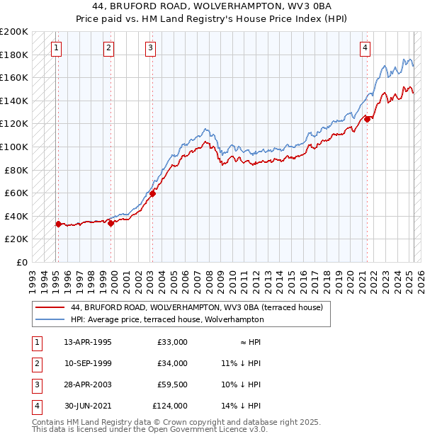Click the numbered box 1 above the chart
[56, 48]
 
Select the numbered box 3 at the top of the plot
[151, 48]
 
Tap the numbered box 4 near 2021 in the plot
[365, 48]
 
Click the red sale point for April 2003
[152, 193]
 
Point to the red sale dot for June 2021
[367, 119]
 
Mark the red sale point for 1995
[58, 224]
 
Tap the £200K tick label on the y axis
[14, 32]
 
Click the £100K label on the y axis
[14, 147]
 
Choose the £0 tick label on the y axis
[21, 262]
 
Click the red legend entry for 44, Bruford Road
[196, 307]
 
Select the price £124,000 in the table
[170, 406]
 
